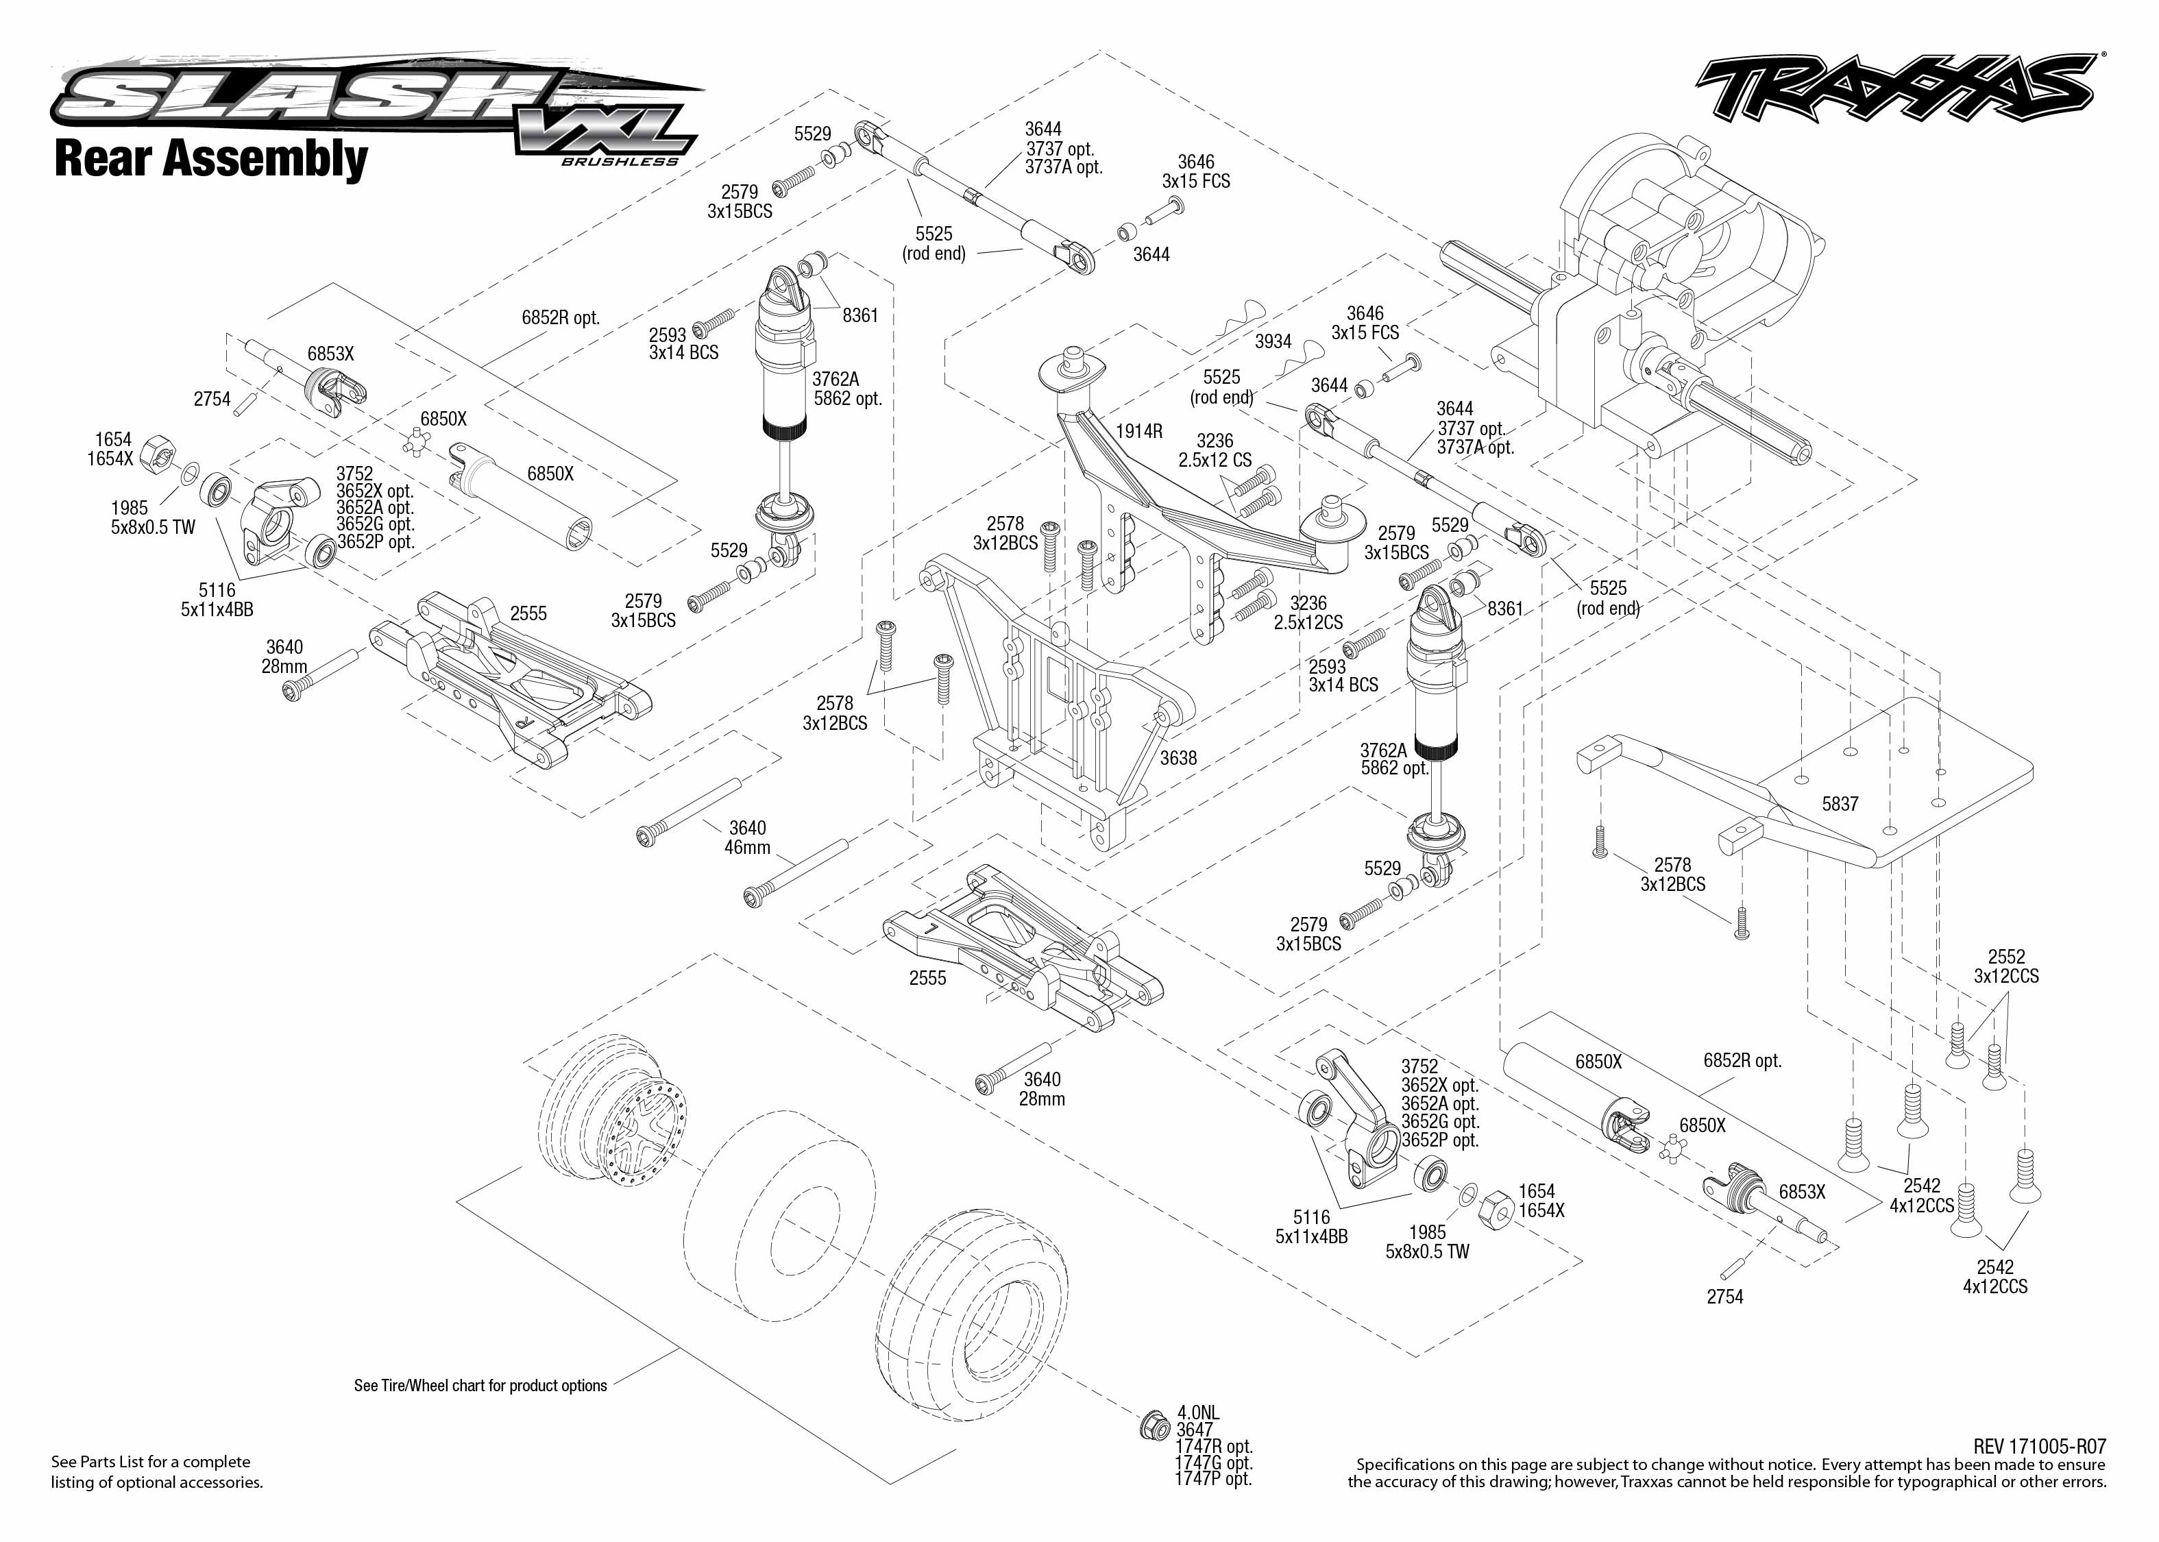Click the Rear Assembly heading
(211, 158)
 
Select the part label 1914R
(1138, 431)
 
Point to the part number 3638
(1178, 758)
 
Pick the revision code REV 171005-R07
(2039, 1446)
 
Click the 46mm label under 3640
(747, 847)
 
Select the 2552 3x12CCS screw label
(2006, 966)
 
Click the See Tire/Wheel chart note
(480, 1385)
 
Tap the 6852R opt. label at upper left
(561, 317)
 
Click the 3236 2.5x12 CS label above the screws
(1215, 450)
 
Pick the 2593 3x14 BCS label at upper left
(683, 344)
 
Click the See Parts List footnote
(157, 1471)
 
